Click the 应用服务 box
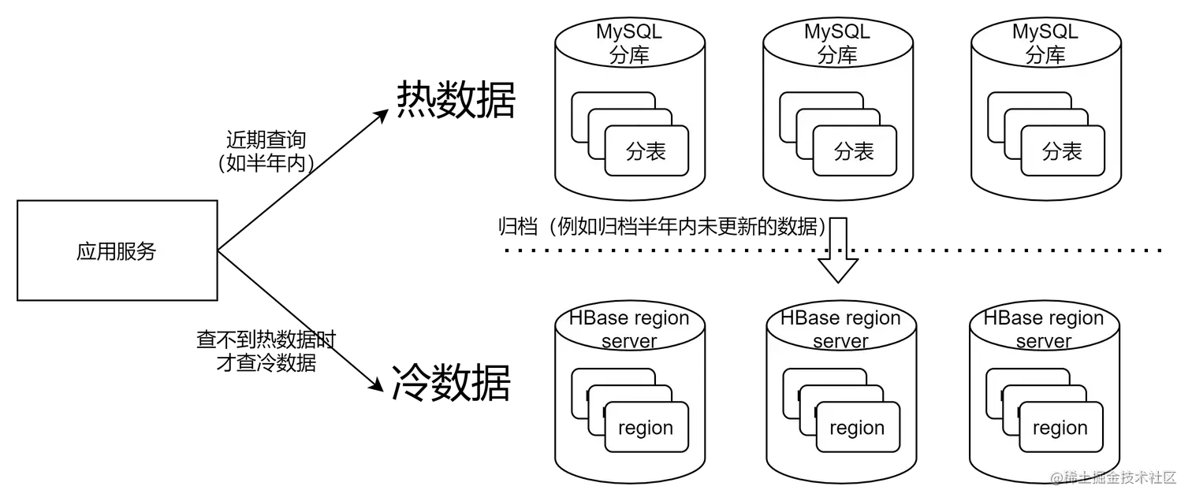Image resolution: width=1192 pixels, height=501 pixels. (117, 250)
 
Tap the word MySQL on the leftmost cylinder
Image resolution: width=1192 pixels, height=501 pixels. (629, 32)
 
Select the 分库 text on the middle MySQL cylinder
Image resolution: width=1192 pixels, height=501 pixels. (837, 55)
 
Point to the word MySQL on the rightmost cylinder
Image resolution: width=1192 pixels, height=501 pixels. (1045, 32)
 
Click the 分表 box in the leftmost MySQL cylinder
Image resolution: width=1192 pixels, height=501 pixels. (646, 151)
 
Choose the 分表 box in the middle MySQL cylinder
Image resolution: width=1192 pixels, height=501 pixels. (855, 151)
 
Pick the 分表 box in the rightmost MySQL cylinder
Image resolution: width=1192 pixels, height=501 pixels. (1062, 151)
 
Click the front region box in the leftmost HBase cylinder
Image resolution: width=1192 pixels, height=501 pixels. (646, 428)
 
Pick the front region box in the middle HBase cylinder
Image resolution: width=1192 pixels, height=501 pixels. (857, 428)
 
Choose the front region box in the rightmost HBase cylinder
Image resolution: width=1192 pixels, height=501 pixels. (1060, 428)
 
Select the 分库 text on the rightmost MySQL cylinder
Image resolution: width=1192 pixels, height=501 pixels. (1045, 55)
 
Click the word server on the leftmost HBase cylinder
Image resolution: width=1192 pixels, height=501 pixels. (629, 341)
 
